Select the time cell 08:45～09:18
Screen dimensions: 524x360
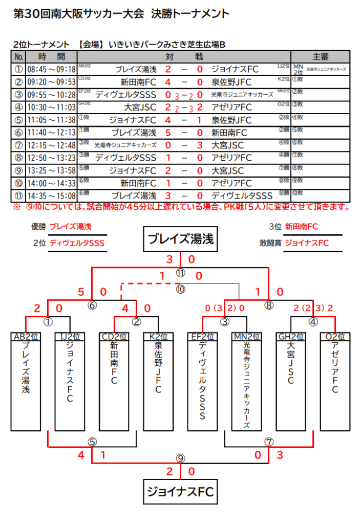click(x=52, y=69)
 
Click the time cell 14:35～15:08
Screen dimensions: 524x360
click(x=52, y=195)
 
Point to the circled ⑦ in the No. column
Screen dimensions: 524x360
click(x=18, y=145)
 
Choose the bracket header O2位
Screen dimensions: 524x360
click(x=335, y=337)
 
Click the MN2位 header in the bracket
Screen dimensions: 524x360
click(x=247, y=337)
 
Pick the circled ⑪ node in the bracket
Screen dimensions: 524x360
click(x=180, y=273)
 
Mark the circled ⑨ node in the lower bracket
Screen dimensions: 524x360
click(x=180, y=458)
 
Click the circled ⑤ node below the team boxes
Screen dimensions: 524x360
click(x=92, y=441)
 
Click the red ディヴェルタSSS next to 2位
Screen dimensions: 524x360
click(x=77, y=243)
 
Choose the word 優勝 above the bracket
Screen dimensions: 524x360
click(x=39, y=227)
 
